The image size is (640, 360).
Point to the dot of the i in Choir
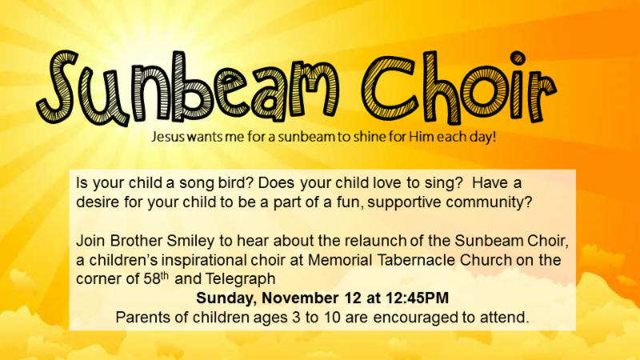tap(518, 58)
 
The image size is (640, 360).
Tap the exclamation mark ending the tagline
tap(494, 136)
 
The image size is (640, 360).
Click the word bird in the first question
tap(233, 183)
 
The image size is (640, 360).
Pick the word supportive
tap(404, 202)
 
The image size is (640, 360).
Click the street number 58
tap(151, 279)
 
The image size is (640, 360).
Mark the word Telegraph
tap(241, 279)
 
